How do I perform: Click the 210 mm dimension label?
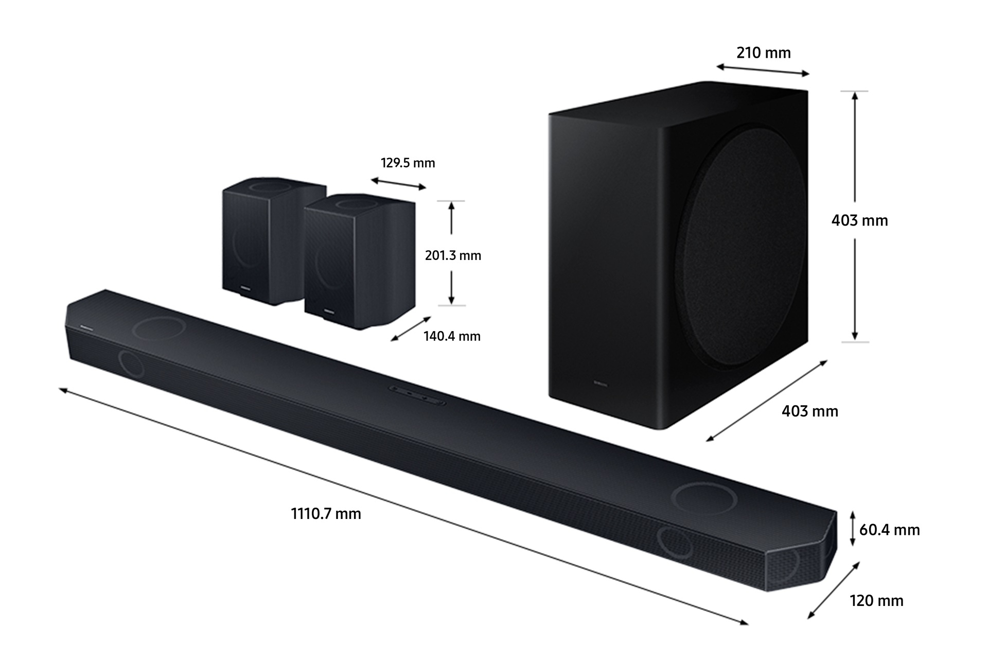pos(763,53)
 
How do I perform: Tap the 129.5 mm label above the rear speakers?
pos(408,163)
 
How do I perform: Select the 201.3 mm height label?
pos(453,255)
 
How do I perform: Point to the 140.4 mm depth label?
pos(452,336)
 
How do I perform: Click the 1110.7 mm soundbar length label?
pos(326,514)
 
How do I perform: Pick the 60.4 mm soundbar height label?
pos(889,529)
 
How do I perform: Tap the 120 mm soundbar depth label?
pos(876,600)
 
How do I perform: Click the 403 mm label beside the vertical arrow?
pos(860,220)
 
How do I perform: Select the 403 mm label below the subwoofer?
pos(810,411)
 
